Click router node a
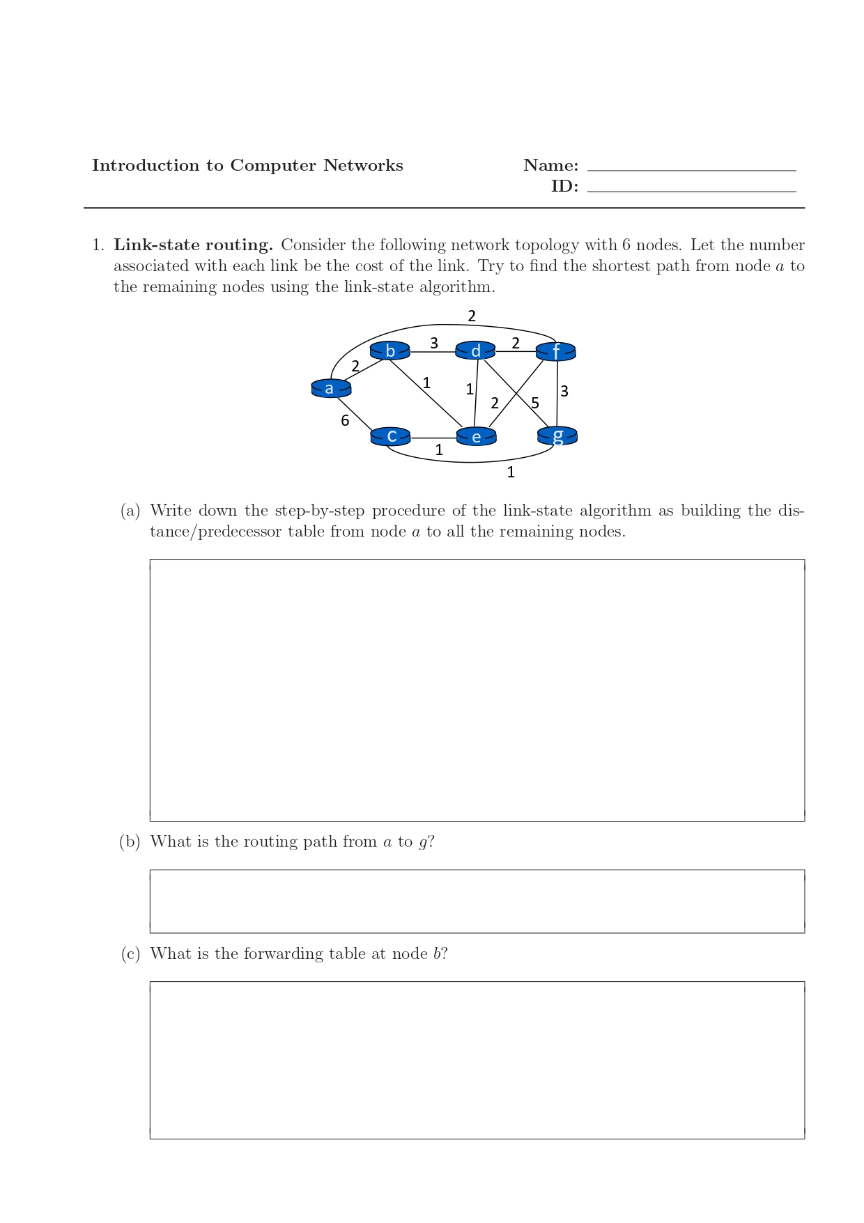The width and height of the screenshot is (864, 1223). (x=331, y=388)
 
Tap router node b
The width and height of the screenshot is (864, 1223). (x=389, y=351)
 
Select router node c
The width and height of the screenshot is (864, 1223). (x=391, y=436)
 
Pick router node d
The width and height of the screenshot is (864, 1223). (x=475, y=351)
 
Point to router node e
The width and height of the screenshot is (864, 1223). (x=476, y=437)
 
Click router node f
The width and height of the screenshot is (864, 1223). (x=555, y=351)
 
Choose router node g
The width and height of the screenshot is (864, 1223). (x=557, y=436)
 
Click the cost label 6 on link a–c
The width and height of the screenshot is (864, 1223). (x=345, y=420)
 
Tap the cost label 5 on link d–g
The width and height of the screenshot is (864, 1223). (x=535, y=403)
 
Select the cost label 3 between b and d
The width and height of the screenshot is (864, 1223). (x=434, y=343)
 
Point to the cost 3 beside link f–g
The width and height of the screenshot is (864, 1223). (x=564, y=391)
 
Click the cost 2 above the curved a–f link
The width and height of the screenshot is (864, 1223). (x=472, y=316)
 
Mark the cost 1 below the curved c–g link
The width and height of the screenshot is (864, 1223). (x=511, y=472)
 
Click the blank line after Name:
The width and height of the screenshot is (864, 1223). (x=691, y=168)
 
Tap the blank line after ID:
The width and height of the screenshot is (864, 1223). (x=691, y=189)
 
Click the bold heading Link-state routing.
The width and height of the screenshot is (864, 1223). (x=193, y=245)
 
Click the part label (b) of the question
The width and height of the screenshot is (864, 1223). (x=130, y=842)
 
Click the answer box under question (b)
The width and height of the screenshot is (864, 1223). (x=477, y=901)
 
